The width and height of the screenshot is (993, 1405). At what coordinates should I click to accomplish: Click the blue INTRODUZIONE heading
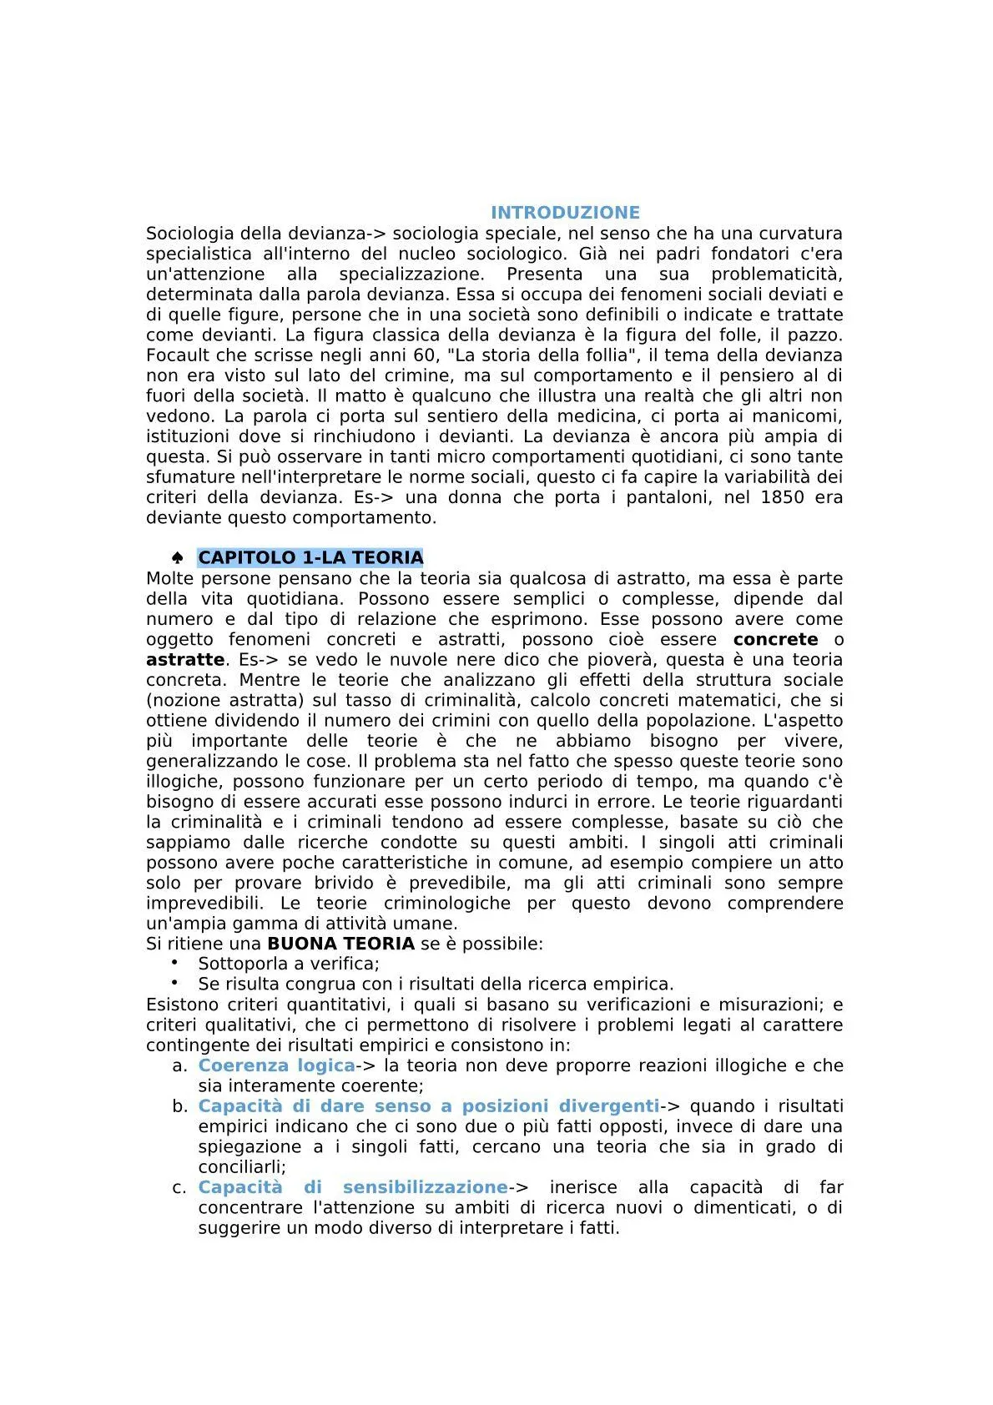click(565, 213)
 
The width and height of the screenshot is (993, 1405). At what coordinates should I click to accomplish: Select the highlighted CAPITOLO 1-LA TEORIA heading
click(310, 557)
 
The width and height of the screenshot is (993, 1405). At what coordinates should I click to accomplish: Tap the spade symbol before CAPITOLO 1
click(177, 557)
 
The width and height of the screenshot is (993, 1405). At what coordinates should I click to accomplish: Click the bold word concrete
click(775, 639)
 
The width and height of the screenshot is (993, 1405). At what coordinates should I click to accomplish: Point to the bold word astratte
click(185, 659)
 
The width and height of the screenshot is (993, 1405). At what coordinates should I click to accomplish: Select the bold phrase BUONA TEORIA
click(340, 944)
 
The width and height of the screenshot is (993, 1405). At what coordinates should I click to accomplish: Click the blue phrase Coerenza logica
click(276, 1065)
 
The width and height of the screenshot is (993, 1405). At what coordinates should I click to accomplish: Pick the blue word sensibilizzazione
click(425, 1187)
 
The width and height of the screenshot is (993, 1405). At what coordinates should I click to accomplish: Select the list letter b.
click(180, 1106)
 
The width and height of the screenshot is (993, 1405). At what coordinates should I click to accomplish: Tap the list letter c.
click(180, 1187)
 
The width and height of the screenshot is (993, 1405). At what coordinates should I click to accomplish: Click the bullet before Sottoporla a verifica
click(175, 962)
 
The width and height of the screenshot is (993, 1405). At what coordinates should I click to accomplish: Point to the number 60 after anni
click(425, 355)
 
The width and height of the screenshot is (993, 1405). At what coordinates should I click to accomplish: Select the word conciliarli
click(241, 1167)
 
